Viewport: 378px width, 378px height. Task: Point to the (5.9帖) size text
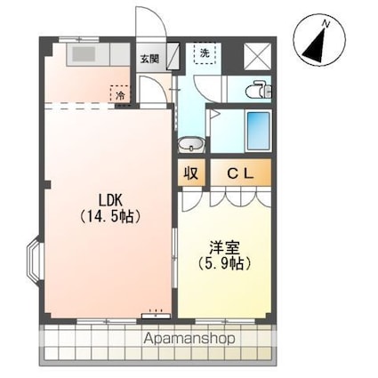222,265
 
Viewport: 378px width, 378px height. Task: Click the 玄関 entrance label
149,60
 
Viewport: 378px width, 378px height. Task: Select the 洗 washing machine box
205,53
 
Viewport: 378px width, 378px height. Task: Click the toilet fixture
258,90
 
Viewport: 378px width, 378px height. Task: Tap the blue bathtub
258,131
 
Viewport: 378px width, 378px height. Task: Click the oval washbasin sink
190,145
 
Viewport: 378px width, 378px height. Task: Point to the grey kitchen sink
84,54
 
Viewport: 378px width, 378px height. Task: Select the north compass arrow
316,42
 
